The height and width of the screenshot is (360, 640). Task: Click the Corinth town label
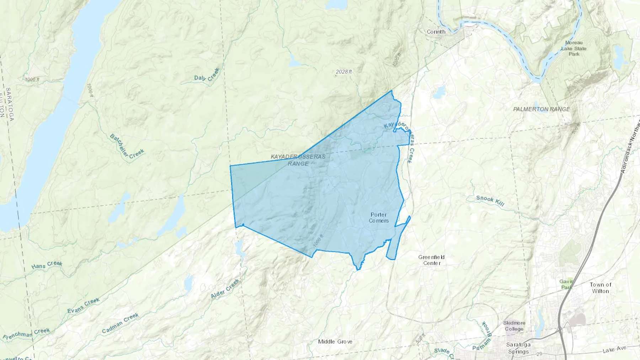(x=436, y=32)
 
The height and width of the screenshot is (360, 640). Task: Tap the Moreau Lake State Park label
(x=574, y=48)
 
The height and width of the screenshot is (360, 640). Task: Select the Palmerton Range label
(x=542, y=109)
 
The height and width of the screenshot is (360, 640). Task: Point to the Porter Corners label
(x=379, y=217)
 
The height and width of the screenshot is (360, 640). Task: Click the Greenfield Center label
(x=431, y=260)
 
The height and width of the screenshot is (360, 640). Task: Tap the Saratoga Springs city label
(x=519, y=348)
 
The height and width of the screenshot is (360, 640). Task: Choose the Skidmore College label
(x=514, y=326)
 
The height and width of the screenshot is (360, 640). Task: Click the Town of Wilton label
(x=601, y=288)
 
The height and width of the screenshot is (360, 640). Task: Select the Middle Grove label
(x=335, y=342)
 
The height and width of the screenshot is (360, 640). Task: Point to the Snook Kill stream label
(x=490, y=200)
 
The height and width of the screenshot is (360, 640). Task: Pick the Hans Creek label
(x=47, y=265)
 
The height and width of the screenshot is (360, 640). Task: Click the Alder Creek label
(x=225, y=288)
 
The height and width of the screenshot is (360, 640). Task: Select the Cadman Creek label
(x=120, y=323)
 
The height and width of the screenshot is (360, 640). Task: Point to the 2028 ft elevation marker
(x=343, y=72)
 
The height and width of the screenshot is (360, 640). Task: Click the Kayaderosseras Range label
(x=298, y=160)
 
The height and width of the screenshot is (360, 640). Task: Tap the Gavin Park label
(x=566, y=284)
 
